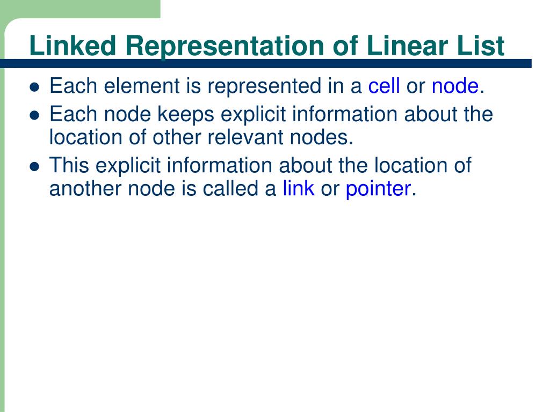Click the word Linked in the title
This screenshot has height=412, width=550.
tap(73, 46)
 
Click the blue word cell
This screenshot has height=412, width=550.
tap(383, 86)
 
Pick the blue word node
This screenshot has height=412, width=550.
tap(455, 86)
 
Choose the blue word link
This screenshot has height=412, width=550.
tap(299, 189)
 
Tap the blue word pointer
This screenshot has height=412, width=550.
tap(378, 189)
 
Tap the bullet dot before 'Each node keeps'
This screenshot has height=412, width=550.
tap(35, 116)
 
